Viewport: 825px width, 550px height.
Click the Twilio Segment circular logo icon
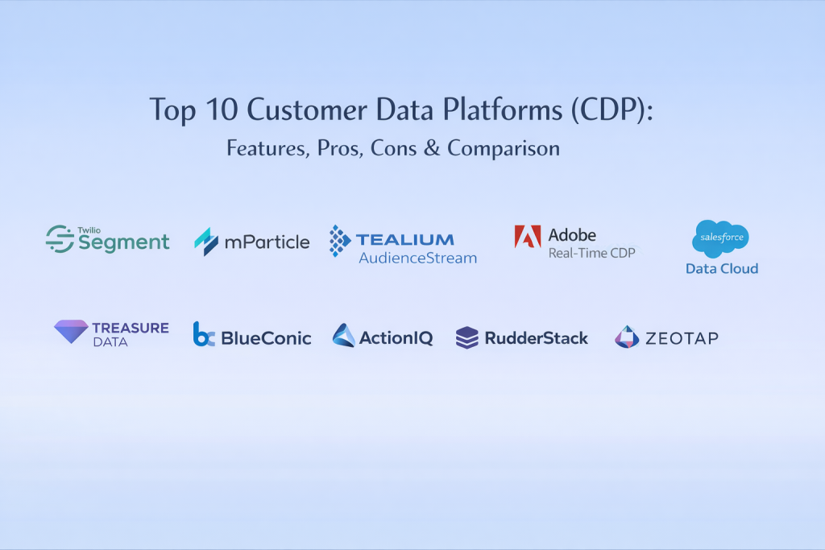(60, 238)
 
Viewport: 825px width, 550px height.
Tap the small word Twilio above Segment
(89, 230)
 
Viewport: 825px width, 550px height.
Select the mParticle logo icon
(206, 242)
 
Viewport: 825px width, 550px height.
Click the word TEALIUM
(404, 240)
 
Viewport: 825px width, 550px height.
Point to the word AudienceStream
(418, 258)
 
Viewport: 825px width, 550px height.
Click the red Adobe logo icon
(528, 236)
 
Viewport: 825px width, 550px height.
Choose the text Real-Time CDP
(592, 253)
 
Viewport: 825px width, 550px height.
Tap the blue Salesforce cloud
(720, 238)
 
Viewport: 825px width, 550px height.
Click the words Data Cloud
(722, 269)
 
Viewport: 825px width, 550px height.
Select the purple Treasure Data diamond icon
(71, 331)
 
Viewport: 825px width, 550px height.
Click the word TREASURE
(131, 328)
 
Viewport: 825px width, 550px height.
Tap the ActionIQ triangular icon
(343, 335)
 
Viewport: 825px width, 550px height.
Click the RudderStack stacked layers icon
(467, 337)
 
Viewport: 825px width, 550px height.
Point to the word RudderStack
(536, 338)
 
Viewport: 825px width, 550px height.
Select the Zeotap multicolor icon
(627, 337)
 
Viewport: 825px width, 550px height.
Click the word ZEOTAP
(682, 338)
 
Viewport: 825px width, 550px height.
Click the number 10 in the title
(222, 110)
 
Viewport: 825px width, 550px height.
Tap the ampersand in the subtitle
(432, 148)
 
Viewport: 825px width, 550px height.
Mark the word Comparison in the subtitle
(504, 149)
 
